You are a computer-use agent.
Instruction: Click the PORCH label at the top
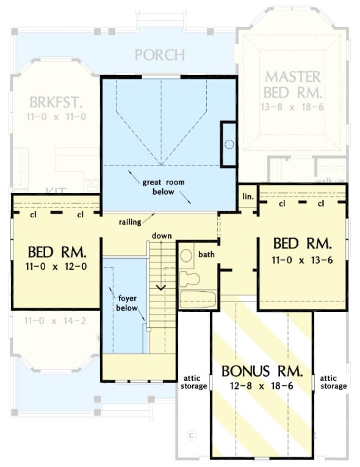(x=159, y=55)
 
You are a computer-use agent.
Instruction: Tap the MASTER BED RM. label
(x=292, y=85)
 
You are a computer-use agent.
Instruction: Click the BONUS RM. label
(x=262, y=371)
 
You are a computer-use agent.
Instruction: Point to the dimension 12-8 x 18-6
(x=262, y=386)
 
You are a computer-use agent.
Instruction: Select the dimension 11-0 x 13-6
(x=302, y=259)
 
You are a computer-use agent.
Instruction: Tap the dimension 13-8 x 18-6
(x=292, y=107)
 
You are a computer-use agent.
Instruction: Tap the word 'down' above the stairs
(x=162, y=236)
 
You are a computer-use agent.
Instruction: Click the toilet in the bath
(x=191, y=279)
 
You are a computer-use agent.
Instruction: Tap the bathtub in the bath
(x=197, y=300)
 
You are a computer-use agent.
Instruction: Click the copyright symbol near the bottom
(x=191, y=435)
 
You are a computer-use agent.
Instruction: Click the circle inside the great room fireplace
(x=229, y=145)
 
